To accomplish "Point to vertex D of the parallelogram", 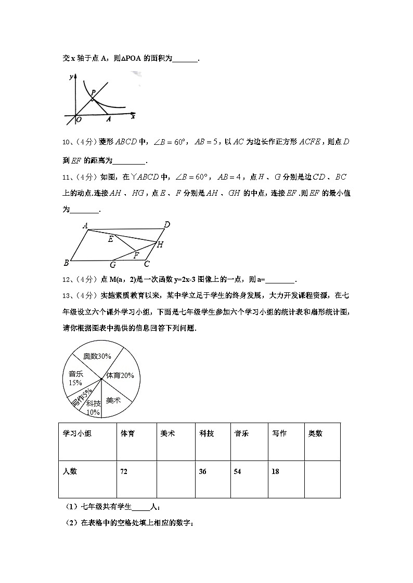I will tap(166, 225).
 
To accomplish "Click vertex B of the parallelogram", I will tap(66, 261).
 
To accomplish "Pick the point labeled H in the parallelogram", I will tap(160, 244).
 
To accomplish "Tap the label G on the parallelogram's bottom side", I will tap(112, 265).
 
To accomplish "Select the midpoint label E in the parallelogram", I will tap(110, 240).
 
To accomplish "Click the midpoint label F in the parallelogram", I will tap(136, 255).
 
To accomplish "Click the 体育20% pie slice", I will tap(120, 375).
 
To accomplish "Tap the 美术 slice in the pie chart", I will tap(113, 400).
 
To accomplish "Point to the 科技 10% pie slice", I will tap(93, 407).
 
